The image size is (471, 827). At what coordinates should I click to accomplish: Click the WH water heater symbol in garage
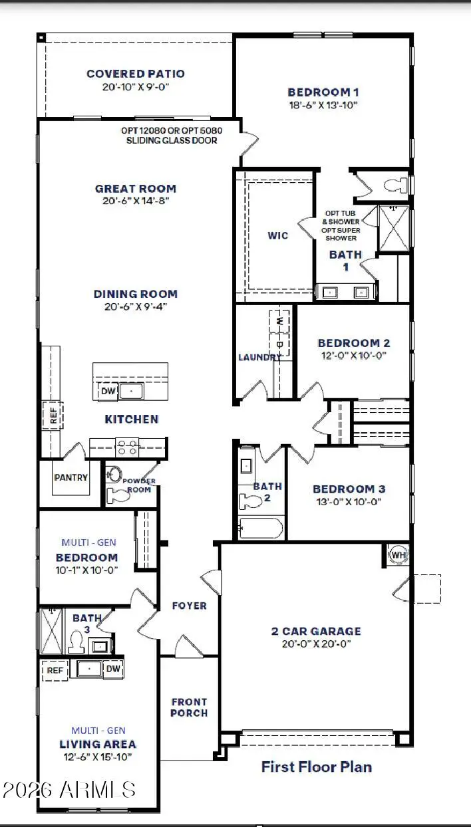398,555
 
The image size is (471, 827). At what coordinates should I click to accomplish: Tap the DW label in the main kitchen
108,392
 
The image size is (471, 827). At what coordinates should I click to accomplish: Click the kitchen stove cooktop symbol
127,447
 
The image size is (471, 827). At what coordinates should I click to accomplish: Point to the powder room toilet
119,494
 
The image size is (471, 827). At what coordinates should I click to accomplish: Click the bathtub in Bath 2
261,529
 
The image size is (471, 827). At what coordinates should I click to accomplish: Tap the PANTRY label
71,477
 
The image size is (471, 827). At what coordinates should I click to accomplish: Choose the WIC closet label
278,235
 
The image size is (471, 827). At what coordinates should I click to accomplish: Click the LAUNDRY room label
259,357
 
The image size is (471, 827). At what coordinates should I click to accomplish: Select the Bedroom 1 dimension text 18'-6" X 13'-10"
324,105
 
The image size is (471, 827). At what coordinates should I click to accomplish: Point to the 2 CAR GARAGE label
316,631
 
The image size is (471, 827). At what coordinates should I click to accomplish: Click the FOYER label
189,606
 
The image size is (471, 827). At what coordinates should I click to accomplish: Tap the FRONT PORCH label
189,707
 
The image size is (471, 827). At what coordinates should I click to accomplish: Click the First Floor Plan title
316,767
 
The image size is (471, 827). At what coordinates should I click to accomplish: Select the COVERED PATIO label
136,74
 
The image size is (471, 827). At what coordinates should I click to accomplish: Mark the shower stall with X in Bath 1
393,228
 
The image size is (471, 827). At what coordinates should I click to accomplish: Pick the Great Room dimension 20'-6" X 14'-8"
136,201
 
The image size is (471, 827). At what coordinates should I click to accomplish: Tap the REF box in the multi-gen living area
55,670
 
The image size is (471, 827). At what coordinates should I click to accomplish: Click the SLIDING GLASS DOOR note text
171,140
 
